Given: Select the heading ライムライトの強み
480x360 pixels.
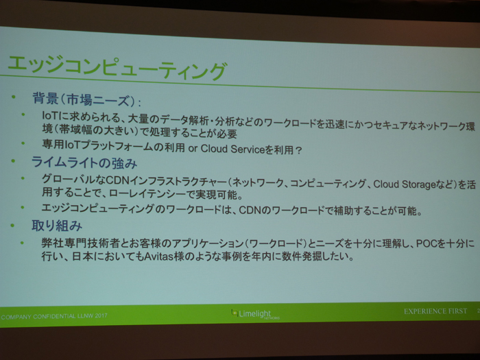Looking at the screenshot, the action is [84, 163].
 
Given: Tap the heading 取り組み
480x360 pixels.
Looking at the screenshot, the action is [57, 226].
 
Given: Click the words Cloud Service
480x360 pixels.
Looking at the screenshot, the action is [232, 149].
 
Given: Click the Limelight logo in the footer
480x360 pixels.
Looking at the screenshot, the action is [255, 314].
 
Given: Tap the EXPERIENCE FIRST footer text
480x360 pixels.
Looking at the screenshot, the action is [435, 311].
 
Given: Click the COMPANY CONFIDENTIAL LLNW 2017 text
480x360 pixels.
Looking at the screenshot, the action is [54, 316].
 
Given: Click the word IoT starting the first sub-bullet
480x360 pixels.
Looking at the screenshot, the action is [49, 115].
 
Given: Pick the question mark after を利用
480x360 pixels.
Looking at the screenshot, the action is [299, 150].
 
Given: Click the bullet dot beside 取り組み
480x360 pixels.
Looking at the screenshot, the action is [12, 226].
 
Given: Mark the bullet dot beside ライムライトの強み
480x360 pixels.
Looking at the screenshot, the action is [13, 160].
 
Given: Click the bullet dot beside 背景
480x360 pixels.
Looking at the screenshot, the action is [13, 97].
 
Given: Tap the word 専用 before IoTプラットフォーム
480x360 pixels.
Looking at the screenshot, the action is [53, 144].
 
